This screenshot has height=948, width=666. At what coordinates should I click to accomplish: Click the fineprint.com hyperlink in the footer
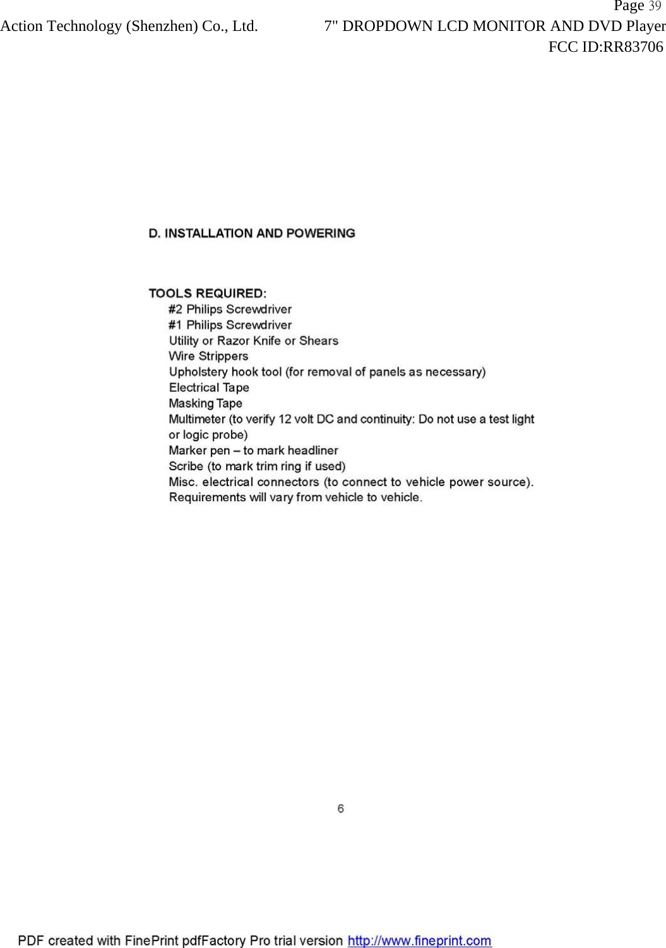point(420,941)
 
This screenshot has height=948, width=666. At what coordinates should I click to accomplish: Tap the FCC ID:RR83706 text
point(605,47)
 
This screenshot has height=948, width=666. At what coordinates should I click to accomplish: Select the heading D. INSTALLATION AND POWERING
point(252,234)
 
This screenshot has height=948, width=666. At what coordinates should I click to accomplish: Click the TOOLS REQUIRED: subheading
point(208,293)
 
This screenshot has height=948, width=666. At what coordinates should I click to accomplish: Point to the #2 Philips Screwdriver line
point(230,309)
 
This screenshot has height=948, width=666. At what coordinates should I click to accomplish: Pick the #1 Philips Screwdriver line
point(230,325)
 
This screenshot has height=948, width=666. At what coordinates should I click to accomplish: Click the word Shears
point(319,341)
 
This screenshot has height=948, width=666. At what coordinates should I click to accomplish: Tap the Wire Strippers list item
point(208,357)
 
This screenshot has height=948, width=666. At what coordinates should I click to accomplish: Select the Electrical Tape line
point(209,388)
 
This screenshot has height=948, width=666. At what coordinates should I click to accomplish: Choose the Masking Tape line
point(205,403)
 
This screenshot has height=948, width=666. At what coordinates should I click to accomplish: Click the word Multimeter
point(197,419)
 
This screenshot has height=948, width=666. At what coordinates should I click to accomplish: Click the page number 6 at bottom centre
point(341,809)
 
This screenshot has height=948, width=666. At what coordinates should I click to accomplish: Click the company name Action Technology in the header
point(62,27)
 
